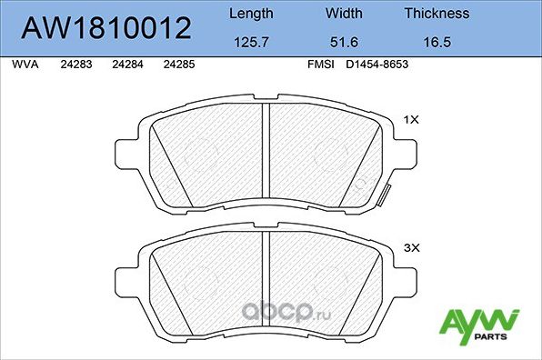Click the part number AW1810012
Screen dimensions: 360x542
click(x=105, y=29)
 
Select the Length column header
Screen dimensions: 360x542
click(x=250, y=14)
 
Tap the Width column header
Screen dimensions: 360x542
click(x=345, y=14)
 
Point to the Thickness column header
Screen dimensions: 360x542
click(x=437, y=14)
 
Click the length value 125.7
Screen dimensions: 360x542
click(x=250, y=42)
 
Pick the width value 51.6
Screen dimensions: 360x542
click(x=345, y=42)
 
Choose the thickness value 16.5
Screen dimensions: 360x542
click(x=437, y=42)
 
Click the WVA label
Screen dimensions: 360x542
click(x=25, y=65)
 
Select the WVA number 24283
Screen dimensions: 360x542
click(x=75, y=65)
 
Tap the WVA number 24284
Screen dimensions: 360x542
click(x=126, y=65)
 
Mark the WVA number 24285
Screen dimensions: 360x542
click(x=177, y=65)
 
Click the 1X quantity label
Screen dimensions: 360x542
click(x=410, y=119)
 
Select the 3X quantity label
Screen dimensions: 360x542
click(x=410, y=246)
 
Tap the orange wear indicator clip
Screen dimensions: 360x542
click(x=385, y=194)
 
